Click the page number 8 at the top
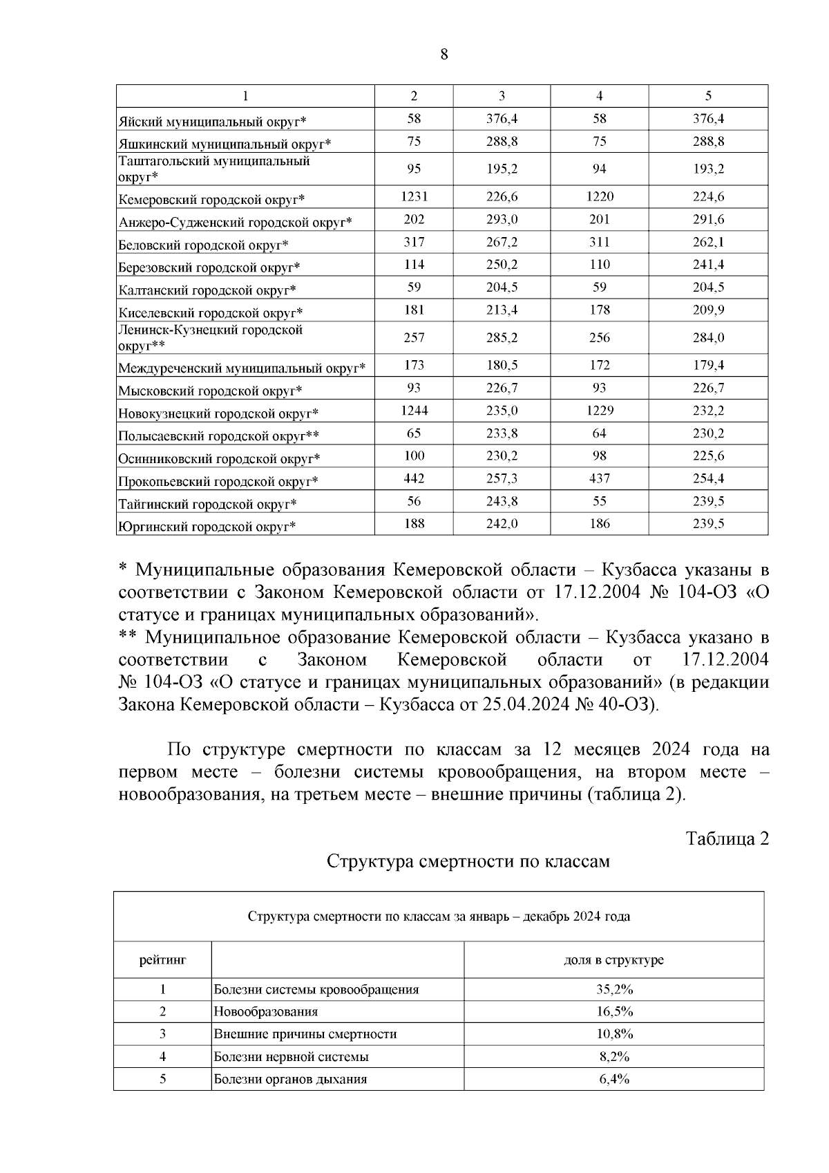(x=444, y=55)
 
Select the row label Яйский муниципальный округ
(x=212, y=122)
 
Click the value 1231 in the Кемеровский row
(x=414, y=197)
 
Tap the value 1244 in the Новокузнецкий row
(x=414, y=411)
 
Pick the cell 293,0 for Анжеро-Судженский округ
(x=502, y=220)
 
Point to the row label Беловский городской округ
(x=203, y=245)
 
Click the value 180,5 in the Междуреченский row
(x=502, y=366)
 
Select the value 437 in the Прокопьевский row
(x=599, y=479)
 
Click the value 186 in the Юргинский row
(x=599, y=524)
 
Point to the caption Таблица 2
(x=727, y=839)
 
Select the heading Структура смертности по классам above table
(x=468, y=862)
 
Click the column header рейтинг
(x=162, y=960)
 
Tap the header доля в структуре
(x=613, y=960)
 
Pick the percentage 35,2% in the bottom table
(x=613, y=989)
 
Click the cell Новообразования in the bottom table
(x=266, y=1012)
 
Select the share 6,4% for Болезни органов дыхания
(x=613, y=1079)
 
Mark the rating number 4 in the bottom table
(x=162, y=1057)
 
